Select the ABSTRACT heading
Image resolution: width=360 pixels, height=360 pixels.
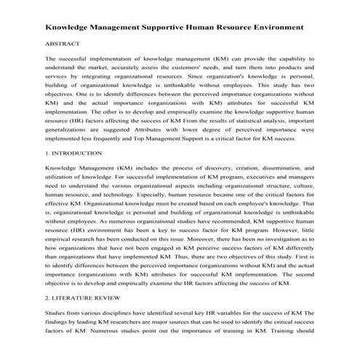(x=64, y=44)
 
